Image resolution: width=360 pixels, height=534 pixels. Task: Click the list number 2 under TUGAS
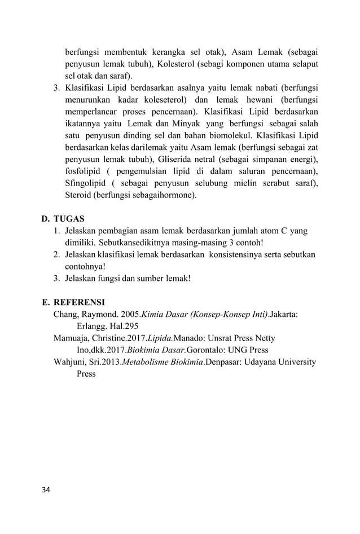point(56,254)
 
